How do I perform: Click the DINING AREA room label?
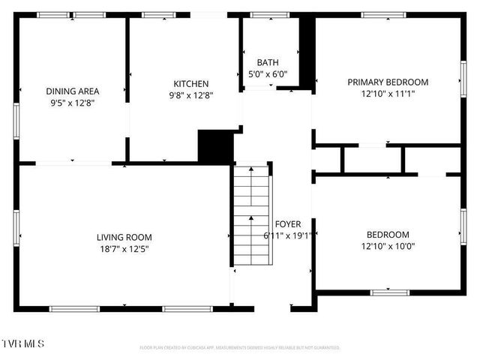point(73,91)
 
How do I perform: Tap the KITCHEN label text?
point(191,83)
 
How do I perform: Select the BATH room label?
point(268,62)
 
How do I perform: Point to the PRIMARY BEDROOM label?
point(387,82)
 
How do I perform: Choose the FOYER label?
point(288,224)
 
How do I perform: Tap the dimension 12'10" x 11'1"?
point(387,94)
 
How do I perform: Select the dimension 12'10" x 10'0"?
point(388,246)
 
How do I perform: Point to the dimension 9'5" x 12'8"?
point(73,103)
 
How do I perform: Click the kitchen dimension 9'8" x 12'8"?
point(191,95)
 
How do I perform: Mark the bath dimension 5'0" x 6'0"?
point(268,74)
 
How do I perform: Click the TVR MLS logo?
point(23,343)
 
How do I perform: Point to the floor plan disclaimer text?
point(240,348)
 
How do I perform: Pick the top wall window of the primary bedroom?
point(384,14)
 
